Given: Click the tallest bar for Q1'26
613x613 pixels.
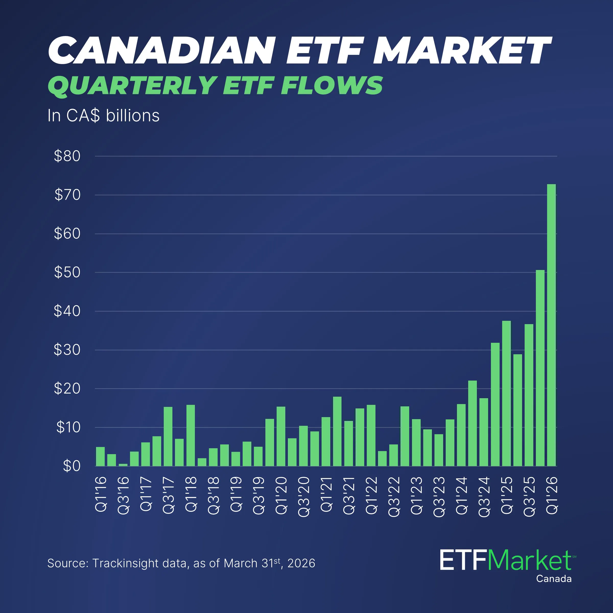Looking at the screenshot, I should [x=551, y=325].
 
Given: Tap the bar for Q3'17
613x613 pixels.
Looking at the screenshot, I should [x=168, y=436].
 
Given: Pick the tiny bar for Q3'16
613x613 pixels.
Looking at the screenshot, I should [x=123, y=465].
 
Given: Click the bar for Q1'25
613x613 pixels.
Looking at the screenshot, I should [x=506, y=393].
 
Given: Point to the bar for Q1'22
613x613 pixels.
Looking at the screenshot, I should [x=371, y=435].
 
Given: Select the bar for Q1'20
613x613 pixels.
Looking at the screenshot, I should [x=281, y=436].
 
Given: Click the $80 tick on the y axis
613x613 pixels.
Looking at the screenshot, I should [x=67, y=156].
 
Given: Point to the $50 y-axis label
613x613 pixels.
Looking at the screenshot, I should [x=67, y=272].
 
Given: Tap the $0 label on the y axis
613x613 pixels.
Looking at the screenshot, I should [x=72, y=466].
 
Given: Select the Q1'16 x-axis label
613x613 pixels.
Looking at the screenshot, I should [x=101, y=494].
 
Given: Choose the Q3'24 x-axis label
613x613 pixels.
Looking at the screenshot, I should [x=484, y=497].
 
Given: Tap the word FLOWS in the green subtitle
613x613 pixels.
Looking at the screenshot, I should [x=332, y=86].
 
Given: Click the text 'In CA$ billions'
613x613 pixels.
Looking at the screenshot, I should [x=103, y=115].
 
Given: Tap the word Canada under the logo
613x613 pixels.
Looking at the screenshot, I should [x=554, y=579].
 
